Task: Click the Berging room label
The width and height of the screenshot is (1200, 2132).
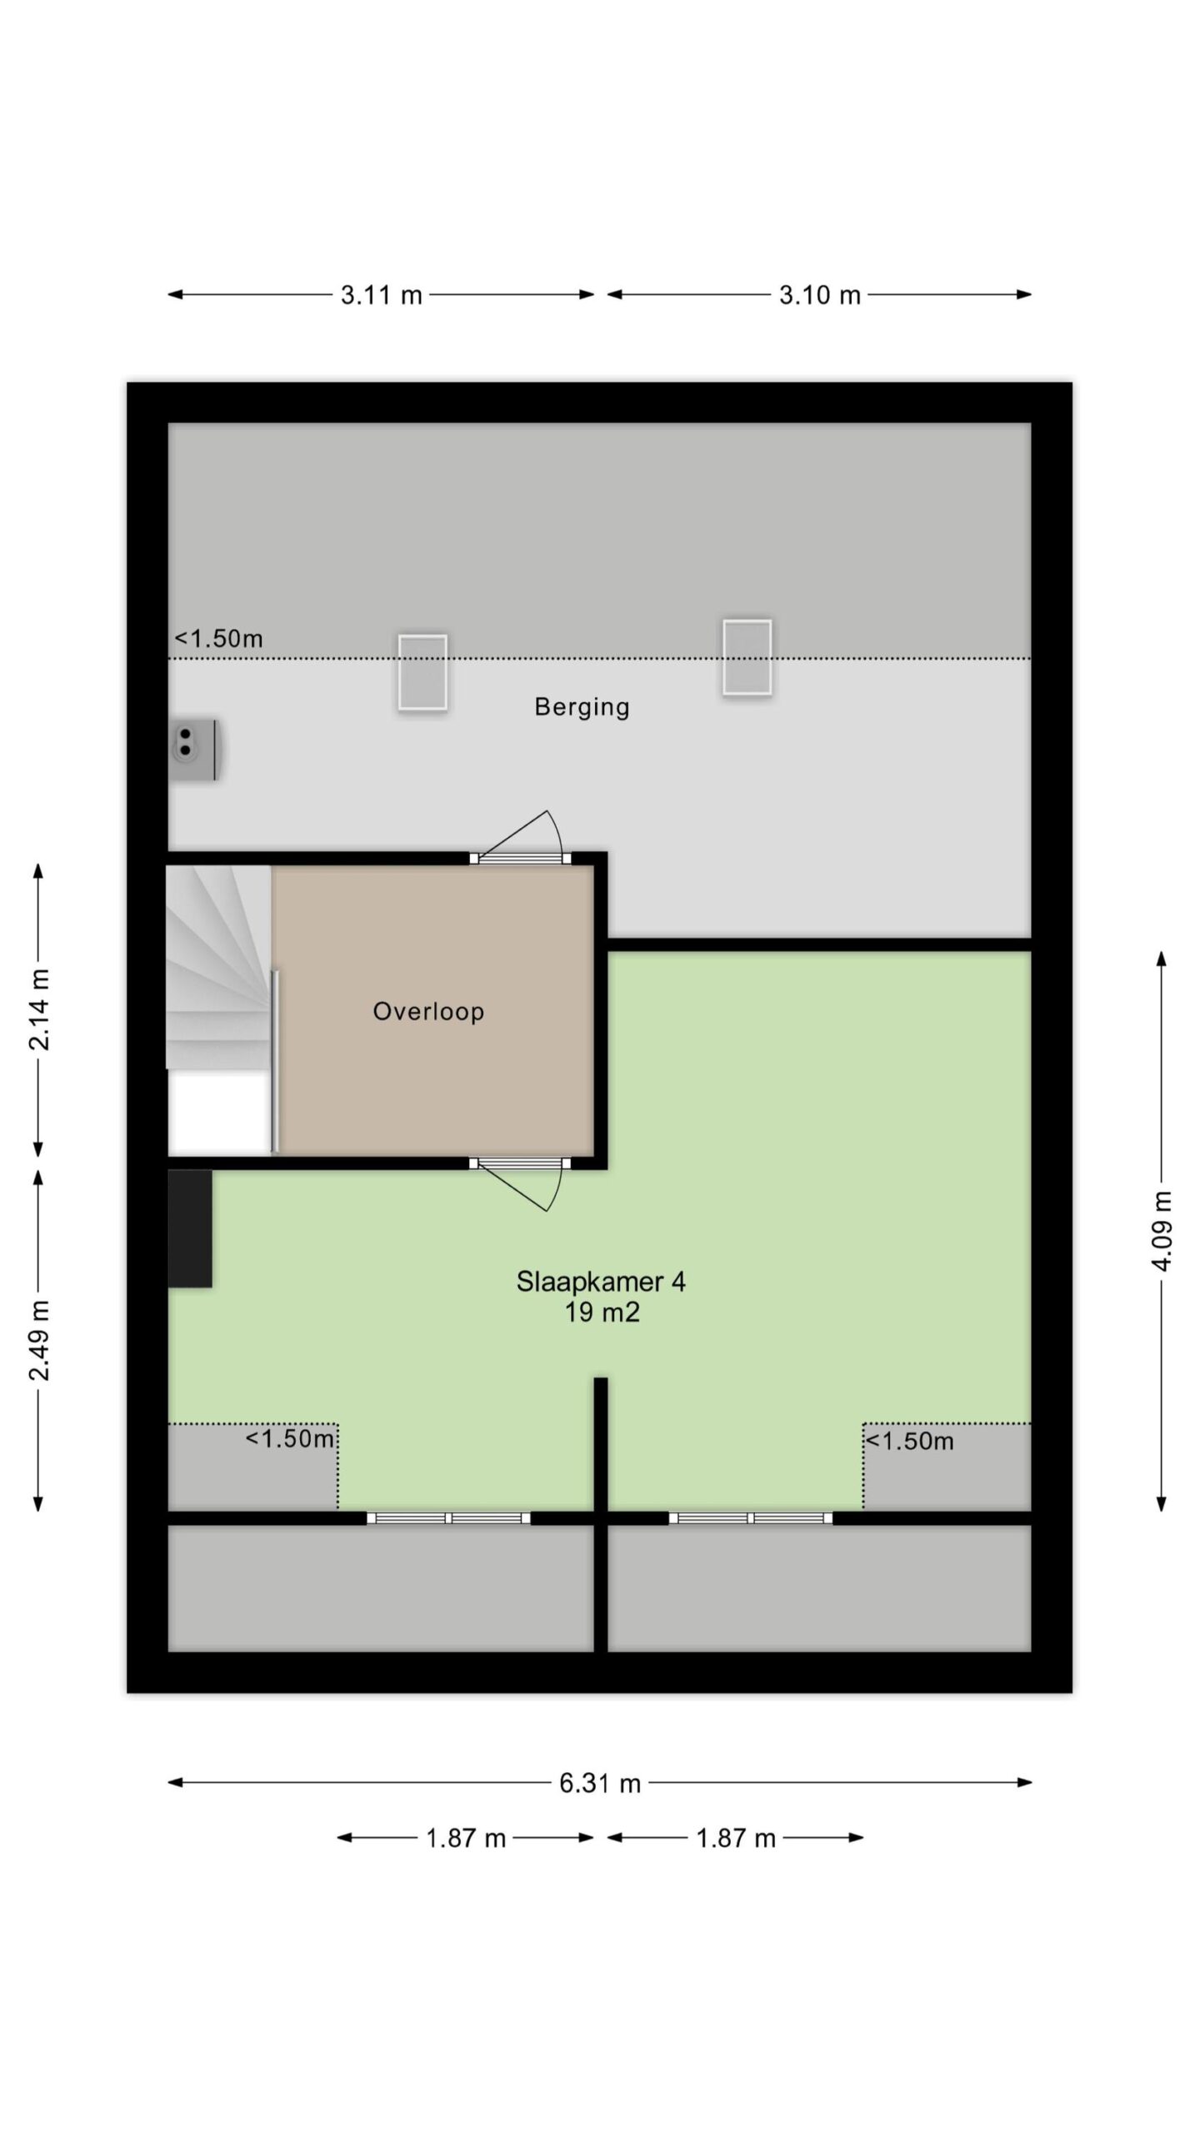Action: [x=582, y=707]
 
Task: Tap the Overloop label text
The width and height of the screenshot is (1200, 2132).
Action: [x=428, y=1011]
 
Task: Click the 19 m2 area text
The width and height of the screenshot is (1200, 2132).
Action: [x=602, y=1313]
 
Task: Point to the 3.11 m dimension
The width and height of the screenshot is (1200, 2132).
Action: [x=382, y=295]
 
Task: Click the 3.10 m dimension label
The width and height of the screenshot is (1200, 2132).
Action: [x=820, y=295]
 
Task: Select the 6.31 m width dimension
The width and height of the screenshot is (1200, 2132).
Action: [x=600, y=1783]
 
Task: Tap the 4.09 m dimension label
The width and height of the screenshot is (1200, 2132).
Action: [x=1162, y=1231]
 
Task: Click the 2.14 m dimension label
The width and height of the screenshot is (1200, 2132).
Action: [x=39, y=1009]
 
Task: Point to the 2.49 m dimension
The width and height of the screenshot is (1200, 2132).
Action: [x=39, y=1340]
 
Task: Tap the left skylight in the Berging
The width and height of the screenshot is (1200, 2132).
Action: [x=422, y=673]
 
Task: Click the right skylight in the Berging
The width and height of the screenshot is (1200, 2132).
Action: [x=747, y=657]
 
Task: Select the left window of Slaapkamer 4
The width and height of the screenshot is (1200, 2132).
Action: [x=448, y=1518]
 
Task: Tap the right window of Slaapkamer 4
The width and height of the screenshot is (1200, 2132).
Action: [x=750, y=1518]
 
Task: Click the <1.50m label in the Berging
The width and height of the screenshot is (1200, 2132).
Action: [x=218, y=639]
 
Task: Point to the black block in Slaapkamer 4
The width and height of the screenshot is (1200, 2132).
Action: [x=190, y=1229]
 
